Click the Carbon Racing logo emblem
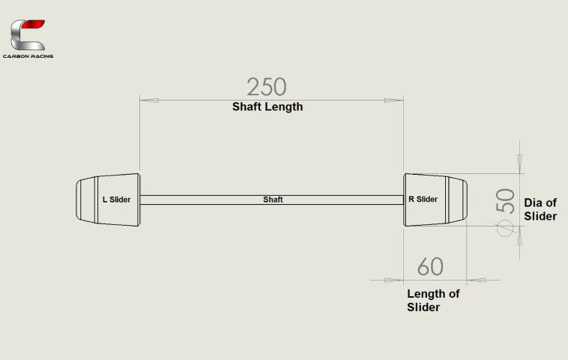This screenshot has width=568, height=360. [28, 35]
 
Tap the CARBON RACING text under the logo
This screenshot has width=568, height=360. [28, 56]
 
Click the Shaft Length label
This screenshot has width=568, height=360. [268, 106]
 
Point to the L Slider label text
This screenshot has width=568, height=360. [116, 199]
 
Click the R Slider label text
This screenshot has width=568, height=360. [423, 199]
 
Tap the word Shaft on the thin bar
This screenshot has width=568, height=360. [273, 200]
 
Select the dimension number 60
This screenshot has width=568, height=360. [430, 266]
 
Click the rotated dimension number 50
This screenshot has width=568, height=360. [505, 200]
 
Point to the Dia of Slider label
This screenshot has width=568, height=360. [540, 209]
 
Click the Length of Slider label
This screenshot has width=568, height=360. [432, 300]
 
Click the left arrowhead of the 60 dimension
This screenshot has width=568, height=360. [393, 280]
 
